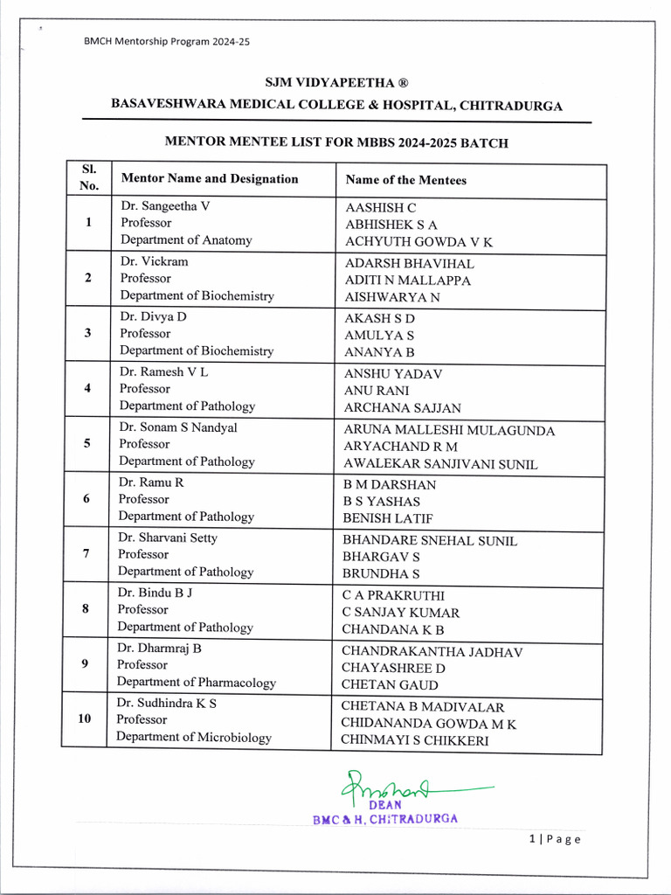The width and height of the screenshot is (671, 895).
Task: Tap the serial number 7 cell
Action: (x=87, y=554)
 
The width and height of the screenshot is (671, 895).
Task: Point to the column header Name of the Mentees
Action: (x=405, y=180)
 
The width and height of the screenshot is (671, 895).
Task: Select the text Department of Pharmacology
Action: (x=197, y=683)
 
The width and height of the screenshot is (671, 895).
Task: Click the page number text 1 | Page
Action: (x=555, y=839)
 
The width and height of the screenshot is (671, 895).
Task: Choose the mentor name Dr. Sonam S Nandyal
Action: (x=178, y=427)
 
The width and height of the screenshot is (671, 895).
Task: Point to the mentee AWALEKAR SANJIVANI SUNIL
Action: (x=440, y=464)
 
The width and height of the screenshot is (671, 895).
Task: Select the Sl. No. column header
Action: (x=89, y=177)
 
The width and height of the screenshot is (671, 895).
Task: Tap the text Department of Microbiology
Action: (x=194, y=738)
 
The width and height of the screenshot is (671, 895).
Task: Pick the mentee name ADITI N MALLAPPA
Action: (x=408, y=281)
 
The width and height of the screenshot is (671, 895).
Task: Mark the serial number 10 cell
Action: (x=85, y=718)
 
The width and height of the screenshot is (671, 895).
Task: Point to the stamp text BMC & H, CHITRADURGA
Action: (x=385, y=819)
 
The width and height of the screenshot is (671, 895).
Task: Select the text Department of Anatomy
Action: (x=186, y=240)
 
